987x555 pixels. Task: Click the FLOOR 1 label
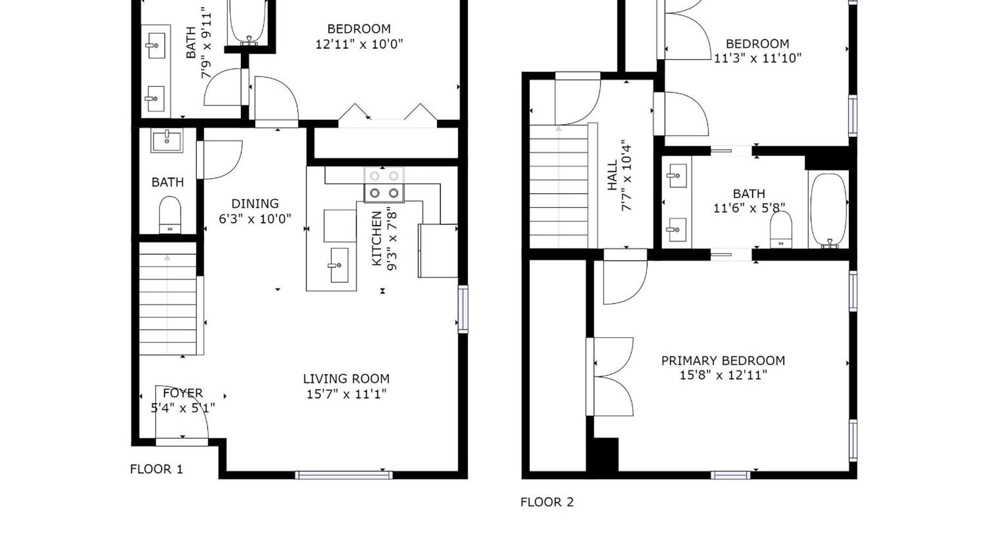pos(156,469)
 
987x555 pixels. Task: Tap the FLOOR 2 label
pos(547,502)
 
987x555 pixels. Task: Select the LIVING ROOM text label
pos(346,379)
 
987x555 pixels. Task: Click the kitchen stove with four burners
pos(384,185)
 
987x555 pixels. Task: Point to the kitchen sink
pos(339,265)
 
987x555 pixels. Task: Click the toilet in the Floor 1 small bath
pos(170,215)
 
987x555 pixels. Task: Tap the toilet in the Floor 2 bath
pos(781,230)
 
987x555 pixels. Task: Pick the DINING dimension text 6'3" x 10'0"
pos(255,219)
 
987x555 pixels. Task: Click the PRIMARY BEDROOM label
pos(723,361)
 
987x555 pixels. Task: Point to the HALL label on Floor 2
pos(612,175)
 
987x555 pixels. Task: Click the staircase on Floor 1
pos(168,304)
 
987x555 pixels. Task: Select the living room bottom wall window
pos(344,475)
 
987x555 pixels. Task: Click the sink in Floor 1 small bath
pos(167,141)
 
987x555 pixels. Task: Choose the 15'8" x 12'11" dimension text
pos(723,375)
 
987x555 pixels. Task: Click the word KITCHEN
pos(377,238)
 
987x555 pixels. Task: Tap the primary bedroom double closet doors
pos(611,376)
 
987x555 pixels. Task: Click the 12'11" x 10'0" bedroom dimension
pos(359,44)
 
